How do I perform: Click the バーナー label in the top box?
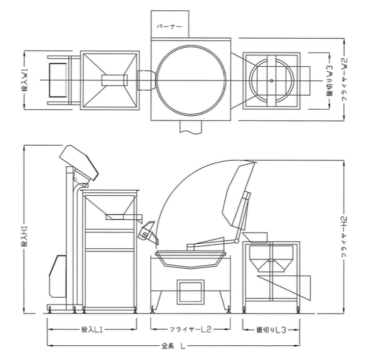(169, 26)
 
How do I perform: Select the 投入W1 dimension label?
(25, 80)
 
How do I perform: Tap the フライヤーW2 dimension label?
(345, 79)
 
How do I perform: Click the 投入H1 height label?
(26, 236)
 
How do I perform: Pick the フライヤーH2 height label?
(345, 237)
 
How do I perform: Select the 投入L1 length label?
(92, 330)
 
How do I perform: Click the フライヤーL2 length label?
(190, 330)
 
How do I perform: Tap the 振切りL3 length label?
(271, 330)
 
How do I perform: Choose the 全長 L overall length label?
(173, 346)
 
